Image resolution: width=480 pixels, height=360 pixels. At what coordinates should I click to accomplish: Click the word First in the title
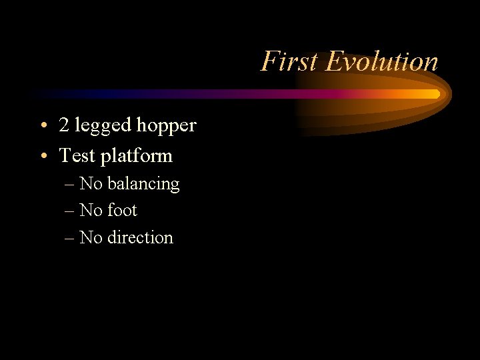(289, 61)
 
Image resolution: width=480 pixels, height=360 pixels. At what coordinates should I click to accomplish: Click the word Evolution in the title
(381, 61)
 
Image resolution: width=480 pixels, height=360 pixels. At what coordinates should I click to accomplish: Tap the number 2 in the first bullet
(65, 125)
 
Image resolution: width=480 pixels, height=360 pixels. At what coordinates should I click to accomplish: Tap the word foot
(122, 210)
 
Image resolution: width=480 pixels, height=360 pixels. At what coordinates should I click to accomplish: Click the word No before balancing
(91, 183)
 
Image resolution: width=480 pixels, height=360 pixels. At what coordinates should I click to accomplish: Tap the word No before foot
(91, 210)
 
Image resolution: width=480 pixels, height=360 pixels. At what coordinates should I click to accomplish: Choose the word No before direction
(91, 237)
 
